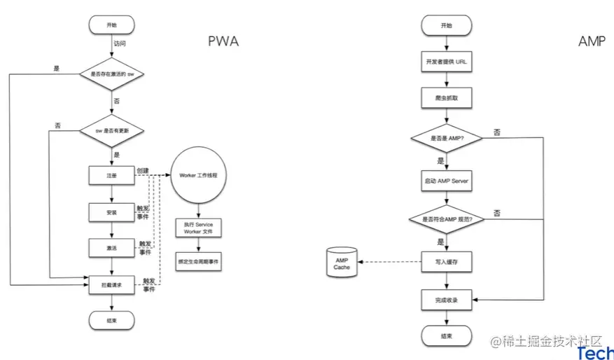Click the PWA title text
click(223, 41)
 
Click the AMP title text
click(592, 41)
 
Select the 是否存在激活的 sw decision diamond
click(112, 73)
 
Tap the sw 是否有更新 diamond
click(112, 131)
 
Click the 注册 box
click(112, 174)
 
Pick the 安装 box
click(112, 212)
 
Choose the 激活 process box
click(112, 248)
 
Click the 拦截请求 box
click(112, 284)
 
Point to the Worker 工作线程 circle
click(199, 174)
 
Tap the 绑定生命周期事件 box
click(199, 262)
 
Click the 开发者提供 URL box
click(445, 62)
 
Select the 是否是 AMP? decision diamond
click(445, 139)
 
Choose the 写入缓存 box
click(445, 262)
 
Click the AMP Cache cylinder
click(342, 263)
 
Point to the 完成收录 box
click(445, 300)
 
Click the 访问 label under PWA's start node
click(120, 43)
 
